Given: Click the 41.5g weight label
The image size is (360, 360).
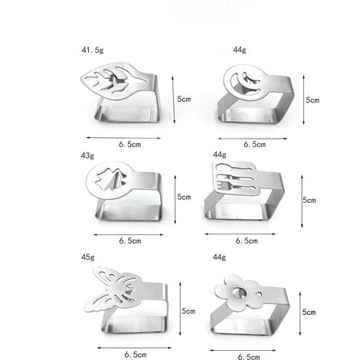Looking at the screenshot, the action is pyautogui.click(x=93, y=50).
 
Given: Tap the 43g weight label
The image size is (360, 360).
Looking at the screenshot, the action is pyautogui.click(x=87, y=155).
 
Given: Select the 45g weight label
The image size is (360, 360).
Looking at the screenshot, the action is pyautogui.click(x=88, y=257).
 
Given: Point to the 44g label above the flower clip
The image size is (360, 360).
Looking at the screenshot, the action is pyautogui.click(x=219, y=257).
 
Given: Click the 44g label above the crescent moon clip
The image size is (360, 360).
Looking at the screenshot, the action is pyautogui.click(x=240, y=50).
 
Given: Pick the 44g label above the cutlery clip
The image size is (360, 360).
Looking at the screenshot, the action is pyautogui.click(x=220, y=155).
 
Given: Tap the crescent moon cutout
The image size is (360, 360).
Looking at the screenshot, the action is pyautogui.click(x=245, y=80).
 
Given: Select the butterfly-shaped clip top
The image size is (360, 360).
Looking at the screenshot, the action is pyautogui.click(x=113, y=289).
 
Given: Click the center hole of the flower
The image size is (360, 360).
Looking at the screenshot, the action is pyautogui.click(x=239, y=293).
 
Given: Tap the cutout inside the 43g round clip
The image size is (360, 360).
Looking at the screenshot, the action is pyautogui.click(x=110, y=180).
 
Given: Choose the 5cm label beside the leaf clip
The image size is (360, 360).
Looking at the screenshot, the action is pyautogui.click(x=184, y=99).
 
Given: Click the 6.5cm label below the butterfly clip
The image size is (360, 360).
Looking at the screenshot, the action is pyautogui.click(x=136, y=355).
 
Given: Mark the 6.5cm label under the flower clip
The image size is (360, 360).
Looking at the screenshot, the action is pyautogui.click(x=249, y=356).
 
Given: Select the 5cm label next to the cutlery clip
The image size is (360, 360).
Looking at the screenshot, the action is pyautogui.click(x=309, y=200).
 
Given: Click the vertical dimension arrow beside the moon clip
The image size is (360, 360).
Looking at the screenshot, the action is pyautogui.click(x=303, y=100).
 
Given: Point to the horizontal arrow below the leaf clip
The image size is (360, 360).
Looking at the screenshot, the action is pyautogui.click(x=123, y=138).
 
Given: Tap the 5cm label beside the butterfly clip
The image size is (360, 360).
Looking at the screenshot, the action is pyautogui.click(x=188, y=311).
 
